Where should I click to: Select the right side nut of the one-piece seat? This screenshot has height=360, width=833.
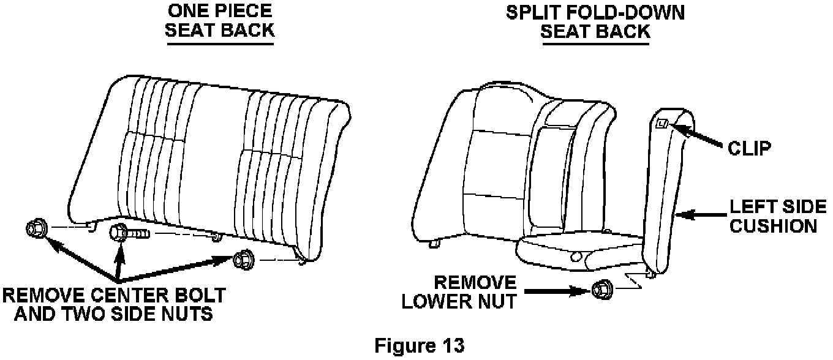(244, 260)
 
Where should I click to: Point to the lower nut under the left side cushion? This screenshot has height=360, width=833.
(600, 288)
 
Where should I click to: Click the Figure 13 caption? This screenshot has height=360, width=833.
(419, 347)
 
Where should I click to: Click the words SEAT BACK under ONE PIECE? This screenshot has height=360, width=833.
(220, 31)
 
